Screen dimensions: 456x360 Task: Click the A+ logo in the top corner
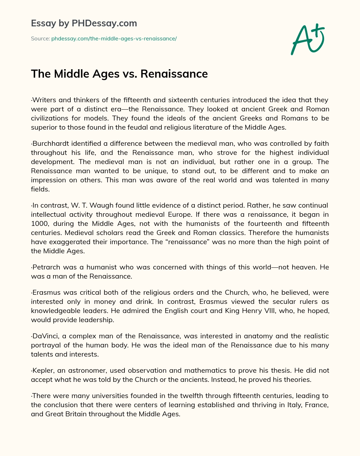[x=308, y=39]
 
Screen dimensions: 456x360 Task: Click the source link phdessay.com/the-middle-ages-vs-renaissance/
[x=114, y=39]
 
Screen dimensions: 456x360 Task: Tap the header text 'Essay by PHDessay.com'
[x=84, y=24]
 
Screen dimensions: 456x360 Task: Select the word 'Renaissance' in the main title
[x=174, y=74]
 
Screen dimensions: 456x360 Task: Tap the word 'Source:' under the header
[x=40, y=39]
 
